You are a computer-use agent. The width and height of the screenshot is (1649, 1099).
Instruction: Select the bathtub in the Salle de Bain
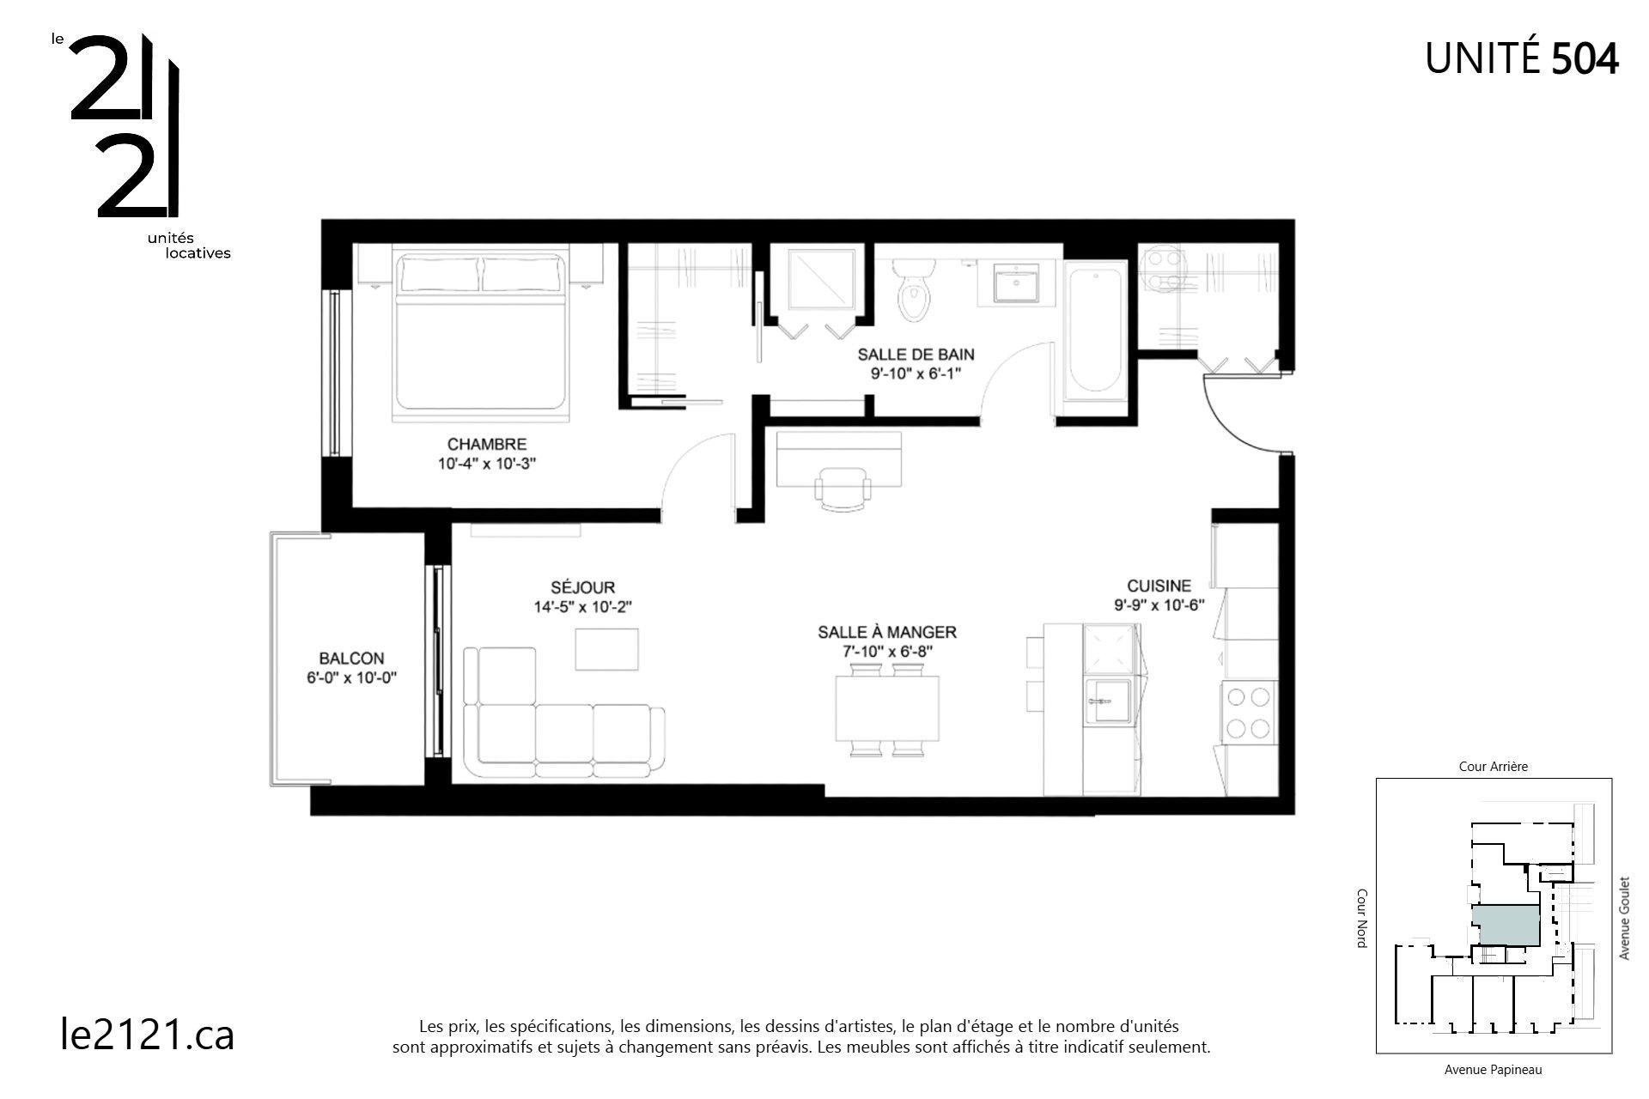[1094, 331]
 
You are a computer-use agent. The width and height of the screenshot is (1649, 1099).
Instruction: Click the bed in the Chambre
[481, 335]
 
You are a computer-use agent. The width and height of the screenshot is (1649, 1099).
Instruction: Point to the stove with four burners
[1249, 712]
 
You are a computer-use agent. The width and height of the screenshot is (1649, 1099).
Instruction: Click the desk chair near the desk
[843, 489]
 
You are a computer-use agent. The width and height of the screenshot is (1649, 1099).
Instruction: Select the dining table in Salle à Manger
[887, 708]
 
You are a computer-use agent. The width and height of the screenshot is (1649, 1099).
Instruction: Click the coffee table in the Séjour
[606, 649]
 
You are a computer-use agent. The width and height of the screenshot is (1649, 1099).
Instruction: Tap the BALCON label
[351, 659]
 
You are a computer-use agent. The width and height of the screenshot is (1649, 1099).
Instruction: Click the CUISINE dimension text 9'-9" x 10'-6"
[1159, 604]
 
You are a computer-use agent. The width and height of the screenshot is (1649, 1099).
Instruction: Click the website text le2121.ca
[148, 1035]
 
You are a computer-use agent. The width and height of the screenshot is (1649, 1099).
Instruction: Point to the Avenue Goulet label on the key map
[1624, 918]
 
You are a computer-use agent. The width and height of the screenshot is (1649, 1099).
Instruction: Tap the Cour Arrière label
[1494, 767]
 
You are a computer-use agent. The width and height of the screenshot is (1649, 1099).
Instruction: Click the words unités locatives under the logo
[189, 246]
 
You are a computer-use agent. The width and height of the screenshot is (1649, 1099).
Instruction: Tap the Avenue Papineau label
[1493, 1070]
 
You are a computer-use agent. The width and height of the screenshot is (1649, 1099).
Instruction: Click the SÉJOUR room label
[582, 588]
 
